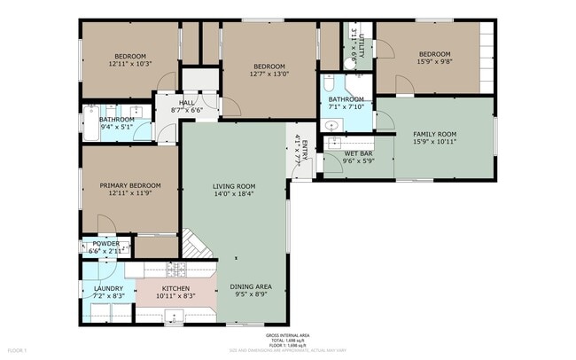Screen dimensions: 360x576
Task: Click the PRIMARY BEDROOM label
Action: click(130, 185)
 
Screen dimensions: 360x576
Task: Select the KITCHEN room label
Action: click(176, 288)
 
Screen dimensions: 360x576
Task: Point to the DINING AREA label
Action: click(251, 286)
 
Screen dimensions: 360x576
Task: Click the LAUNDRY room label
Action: click(96, 288)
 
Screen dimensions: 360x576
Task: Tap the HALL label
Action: click(186, 103)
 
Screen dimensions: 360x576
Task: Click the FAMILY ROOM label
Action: click(434, 134)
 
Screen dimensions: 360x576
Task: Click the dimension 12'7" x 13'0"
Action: click(269, 74)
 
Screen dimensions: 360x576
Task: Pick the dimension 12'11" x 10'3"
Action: click(130, 63)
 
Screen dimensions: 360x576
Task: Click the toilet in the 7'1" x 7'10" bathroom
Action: click(329, 86)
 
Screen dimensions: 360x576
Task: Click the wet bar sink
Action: click(333, 142)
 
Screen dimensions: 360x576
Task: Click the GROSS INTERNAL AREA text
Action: click(288, 335)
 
